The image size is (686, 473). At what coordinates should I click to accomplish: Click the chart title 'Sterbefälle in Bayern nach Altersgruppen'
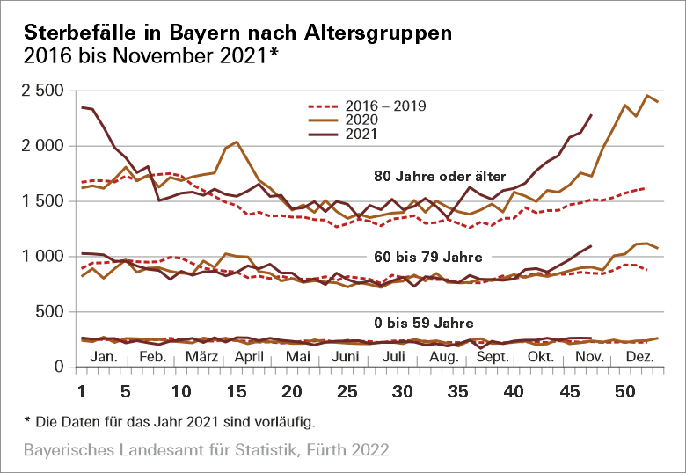click(x=238, y=33)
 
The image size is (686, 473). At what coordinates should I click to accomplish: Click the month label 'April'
click(x=251, y=358)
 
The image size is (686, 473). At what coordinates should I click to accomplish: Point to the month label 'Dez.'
click(x=639, y=358)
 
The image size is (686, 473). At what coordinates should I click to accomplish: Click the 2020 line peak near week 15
click(x=237, y=142)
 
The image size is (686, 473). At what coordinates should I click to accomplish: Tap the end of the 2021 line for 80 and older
click(x=591, y=114)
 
